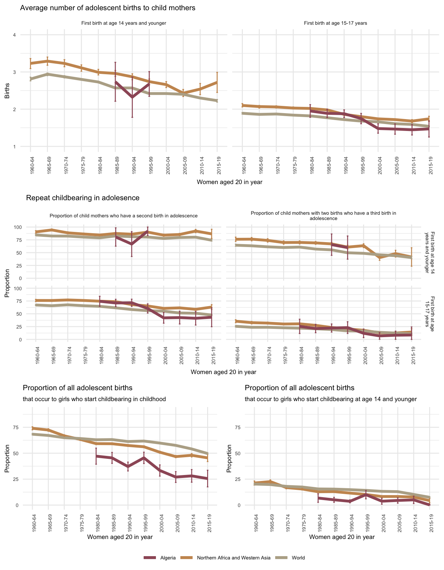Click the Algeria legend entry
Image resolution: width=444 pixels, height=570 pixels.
168,558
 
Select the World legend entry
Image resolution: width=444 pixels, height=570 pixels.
298,558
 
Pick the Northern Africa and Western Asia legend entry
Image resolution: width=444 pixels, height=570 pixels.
233,558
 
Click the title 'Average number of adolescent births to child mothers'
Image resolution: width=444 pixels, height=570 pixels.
108,8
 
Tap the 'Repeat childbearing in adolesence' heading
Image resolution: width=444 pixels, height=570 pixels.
83,198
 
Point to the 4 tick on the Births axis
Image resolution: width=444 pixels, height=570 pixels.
14,35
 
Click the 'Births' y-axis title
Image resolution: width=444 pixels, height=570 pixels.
7,91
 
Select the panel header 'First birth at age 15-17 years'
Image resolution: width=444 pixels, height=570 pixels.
335,23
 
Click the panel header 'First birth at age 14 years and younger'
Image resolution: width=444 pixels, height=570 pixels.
124,23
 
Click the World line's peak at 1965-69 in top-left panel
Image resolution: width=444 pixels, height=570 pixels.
47,74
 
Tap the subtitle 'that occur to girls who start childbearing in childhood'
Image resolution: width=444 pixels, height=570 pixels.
94,399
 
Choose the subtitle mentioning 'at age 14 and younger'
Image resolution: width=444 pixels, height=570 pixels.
331,399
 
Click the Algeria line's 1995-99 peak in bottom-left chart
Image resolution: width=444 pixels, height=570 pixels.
144,458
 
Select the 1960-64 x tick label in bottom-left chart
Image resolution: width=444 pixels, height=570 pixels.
33,524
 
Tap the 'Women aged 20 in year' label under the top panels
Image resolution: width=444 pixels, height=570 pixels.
229,182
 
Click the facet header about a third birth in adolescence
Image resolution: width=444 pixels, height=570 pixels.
323,216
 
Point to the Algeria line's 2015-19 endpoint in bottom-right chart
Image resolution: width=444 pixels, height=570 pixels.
429,505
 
